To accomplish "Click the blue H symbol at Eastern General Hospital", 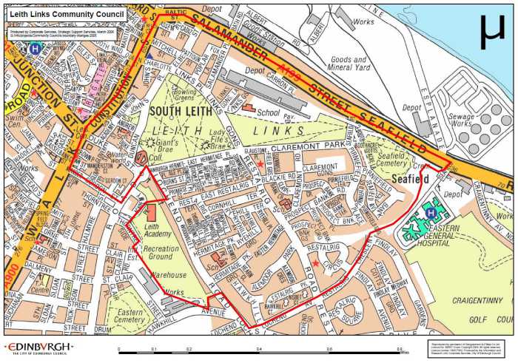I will coord(431,213).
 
